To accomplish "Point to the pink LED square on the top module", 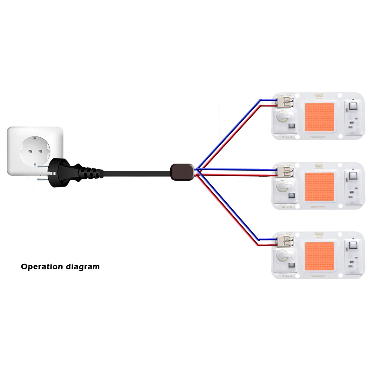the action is click(319, 116).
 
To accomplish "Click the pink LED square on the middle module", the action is click(319, 186).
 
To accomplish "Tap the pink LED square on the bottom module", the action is click(319, 256).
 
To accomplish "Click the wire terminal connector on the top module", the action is click(286, 102).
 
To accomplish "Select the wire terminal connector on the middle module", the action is click(286, 173).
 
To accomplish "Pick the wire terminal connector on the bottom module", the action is click(286, 242).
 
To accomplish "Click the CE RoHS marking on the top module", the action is click(287, 137).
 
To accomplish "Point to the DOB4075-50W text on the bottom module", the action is click(318, 276).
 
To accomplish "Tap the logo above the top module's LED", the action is click(318, 95).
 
